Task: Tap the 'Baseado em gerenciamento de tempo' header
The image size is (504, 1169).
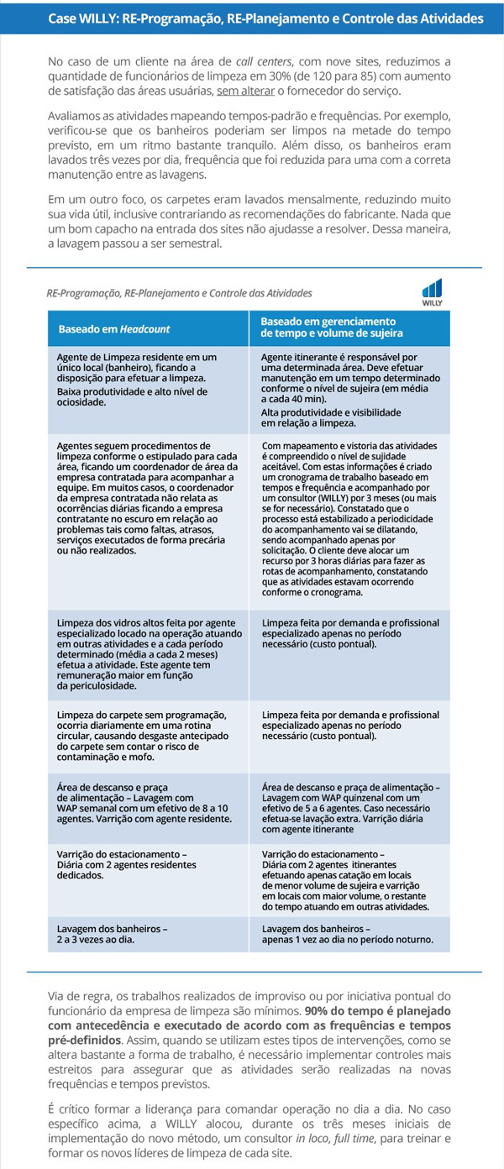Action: pos(332,328)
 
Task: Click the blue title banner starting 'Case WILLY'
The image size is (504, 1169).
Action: pos(252,18)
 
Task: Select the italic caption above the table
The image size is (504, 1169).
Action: pos(179,293)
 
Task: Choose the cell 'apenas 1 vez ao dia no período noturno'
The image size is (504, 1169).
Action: pos(347,934)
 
